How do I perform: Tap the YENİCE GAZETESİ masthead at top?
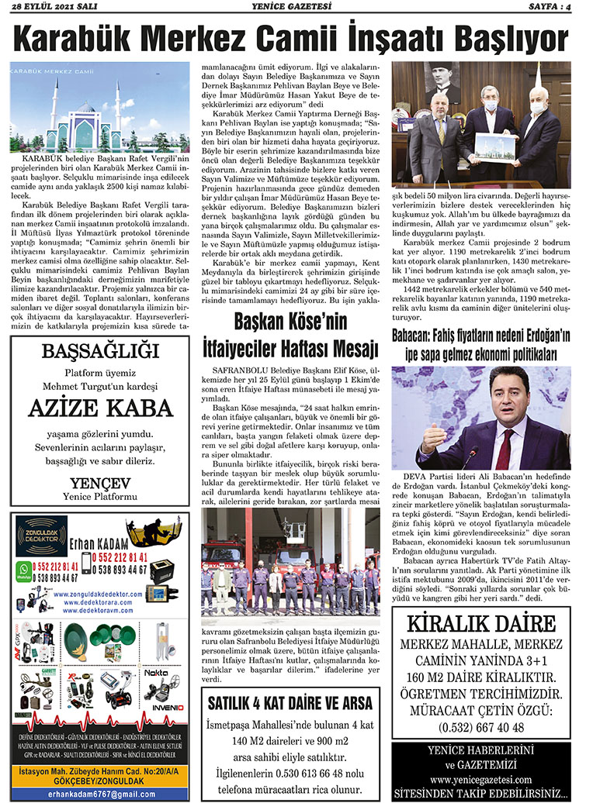pyautogui.click(x=296, y=8)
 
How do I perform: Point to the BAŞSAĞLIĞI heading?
pyautogui.click(x=99, y=353)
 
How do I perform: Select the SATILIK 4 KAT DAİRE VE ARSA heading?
pyautogui.click(x=290, y=704)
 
